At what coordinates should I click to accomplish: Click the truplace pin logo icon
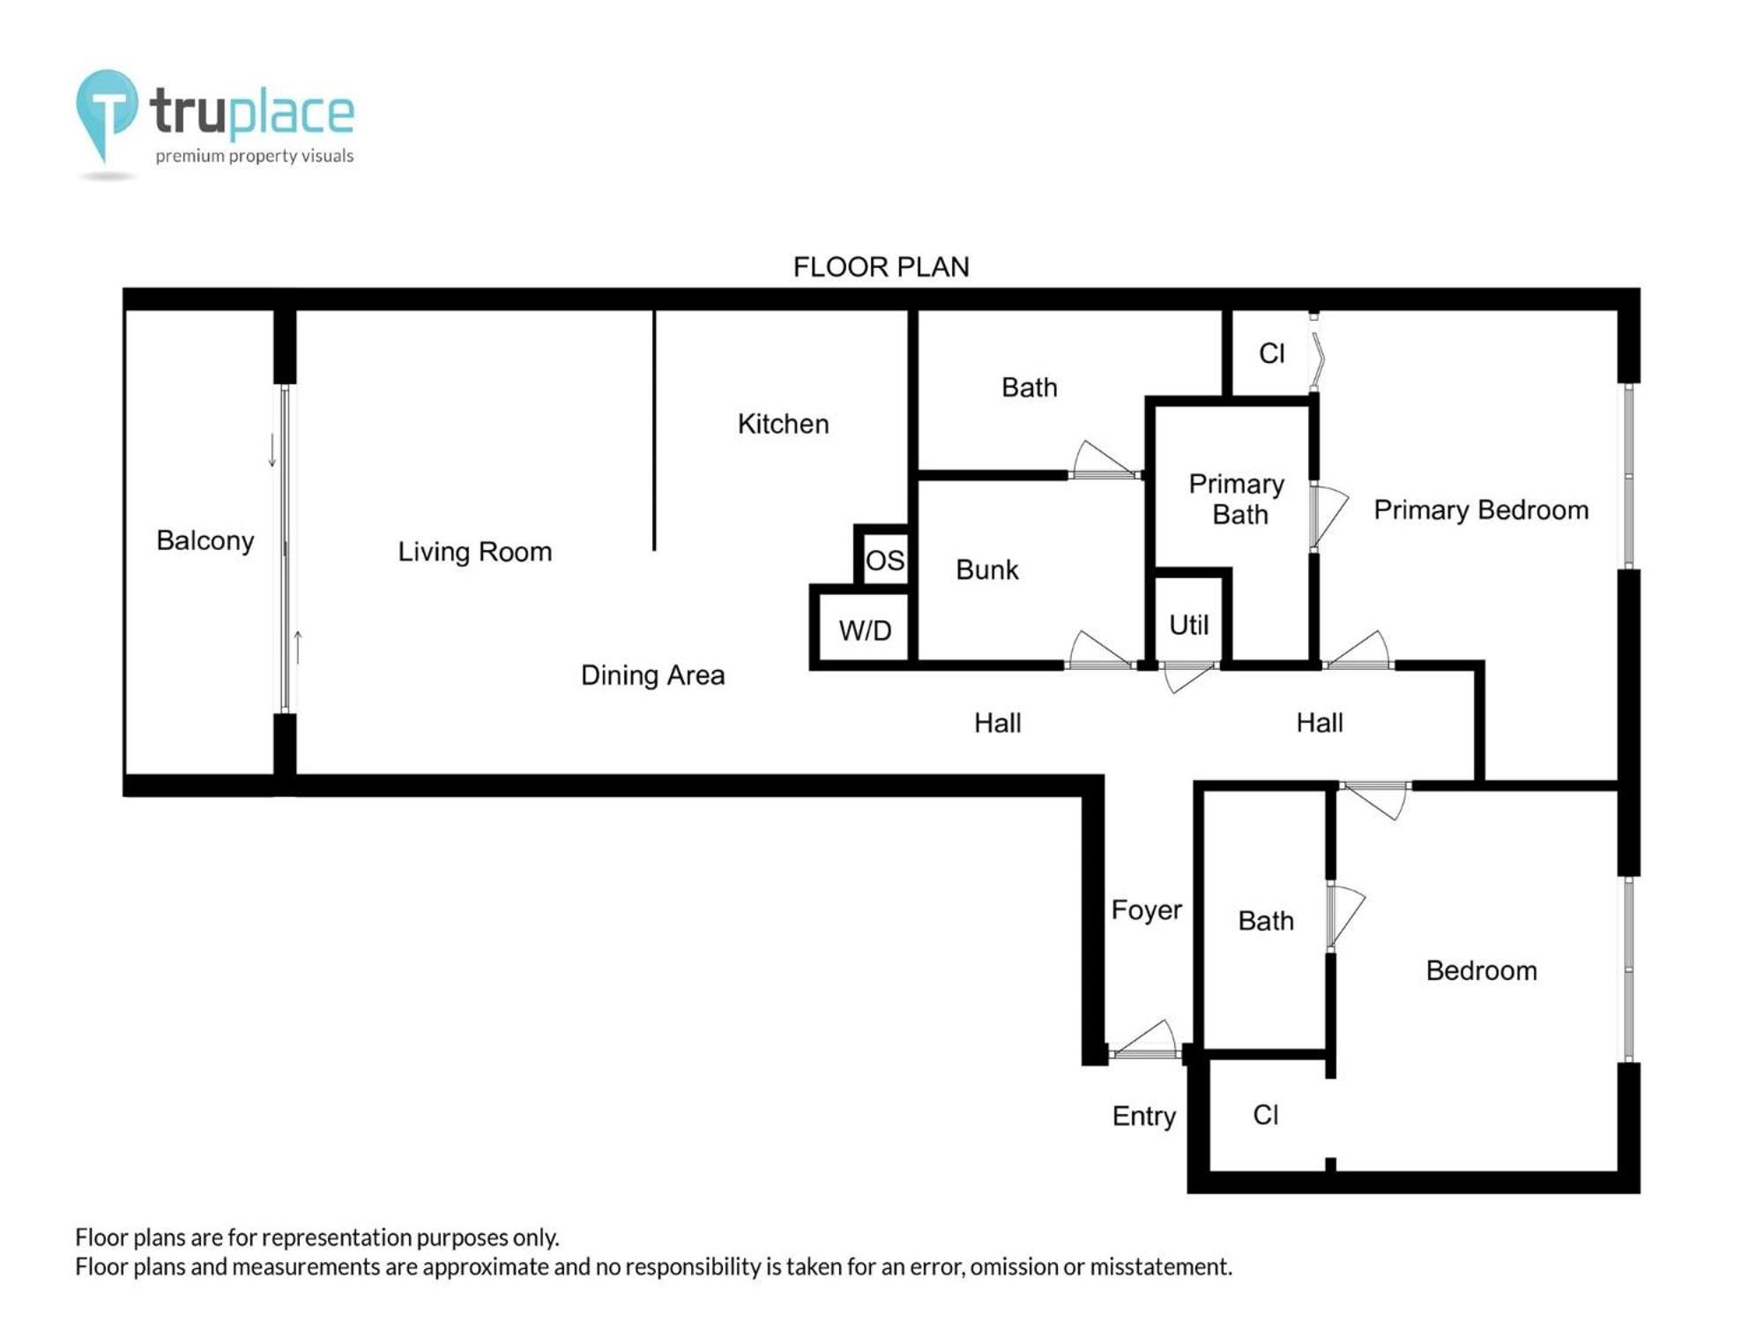[107, 115]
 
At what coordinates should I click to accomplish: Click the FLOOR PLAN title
[881, 267]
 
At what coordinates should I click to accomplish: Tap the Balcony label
[205, 540]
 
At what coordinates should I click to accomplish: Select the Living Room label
[475, 552]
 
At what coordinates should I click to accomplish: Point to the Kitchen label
[784, 424]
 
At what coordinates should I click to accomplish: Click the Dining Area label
[653, 675]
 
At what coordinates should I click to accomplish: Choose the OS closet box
[884, 555]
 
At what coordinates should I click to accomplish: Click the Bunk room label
[987, 569]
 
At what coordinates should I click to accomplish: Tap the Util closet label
[1188, 625]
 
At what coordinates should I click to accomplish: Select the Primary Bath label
[1237, 499]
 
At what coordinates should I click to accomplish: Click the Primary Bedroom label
[1481, 509]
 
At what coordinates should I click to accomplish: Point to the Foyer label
[1146, 910]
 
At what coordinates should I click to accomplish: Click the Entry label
[1143, 1116]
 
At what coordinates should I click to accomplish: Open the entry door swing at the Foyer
[1143, 1039]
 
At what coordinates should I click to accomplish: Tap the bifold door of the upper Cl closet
[1316, 353]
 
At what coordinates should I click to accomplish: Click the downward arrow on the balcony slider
[272, 450]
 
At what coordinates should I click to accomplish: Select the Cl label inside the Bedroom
[1265, 1115]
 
